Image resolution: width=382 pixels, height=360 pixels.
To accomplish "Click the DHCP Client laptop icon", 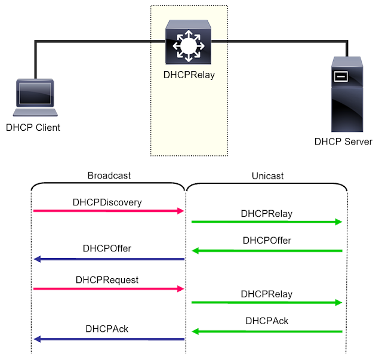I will point(36,99).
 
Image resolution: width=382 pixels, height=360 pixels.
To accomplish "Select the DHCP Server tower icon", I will point(347,94).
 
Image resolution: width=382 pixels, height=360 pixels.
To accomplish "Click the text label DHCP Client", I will point(33,127).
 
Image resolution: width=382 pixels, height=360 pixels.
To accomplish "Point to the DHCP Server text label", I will point(343,141).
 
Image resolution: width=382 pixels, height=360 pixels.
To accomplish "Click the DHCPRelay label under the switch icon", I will point(189,75).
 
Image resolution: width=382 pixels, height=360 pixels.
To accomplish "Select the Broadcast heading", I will point(109,176).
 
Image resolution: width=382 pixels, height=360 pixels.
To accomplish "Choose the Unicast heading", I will point(267,176).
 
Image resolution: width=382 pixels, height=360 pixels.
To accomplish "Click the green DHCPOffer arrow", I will point(267,251).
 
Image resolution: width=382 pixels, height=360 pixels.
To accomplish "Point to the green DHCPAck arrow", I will point(267,331).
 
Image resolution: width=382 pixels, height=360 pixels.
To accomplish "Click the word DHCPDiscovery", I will point(107,202).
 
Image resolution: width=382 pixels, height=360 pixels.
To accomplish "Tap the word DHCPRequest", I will point(107,279).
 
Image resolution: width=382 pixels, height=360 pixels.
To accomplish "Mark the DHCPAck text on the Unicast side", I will point(267,321).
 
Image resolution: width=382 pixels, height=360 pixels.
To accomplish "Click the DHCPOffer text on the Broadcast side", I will point(107,248).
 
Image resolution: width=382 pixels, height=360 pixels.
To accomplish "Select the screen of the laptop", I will point(36,94).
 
